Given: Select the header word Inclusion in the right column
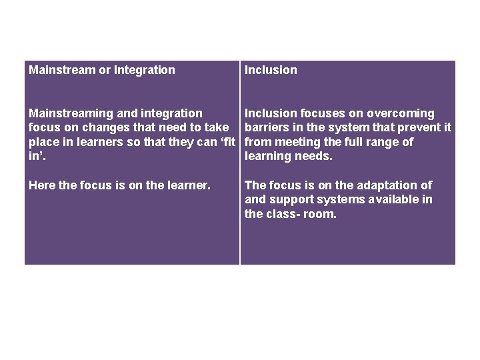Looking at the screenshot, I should tap(271, 70).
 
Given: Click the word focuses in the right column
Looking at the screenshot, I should tap(324, 113).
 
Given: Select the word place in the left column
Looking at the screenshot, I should tap(43, 142).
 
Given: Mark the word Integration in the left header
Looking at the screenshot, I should tap(145, 70).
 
